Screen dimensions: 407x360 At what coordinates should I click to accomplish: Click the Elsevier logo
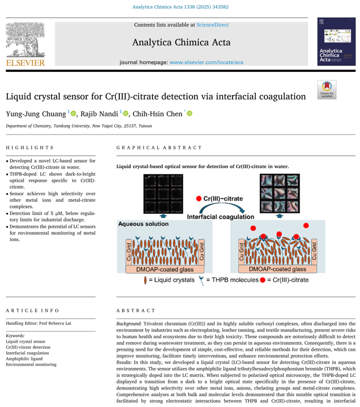click(x=25, y=44)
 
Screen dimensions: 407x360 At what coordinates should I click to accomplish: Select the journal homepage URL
click(x=207, y=62)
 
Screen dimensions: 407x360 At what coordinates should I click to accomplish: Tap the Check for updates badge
click(x=326, y=89)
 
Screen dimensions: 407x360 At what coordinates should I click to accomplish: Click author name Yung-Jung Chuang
click(x=36, y=114)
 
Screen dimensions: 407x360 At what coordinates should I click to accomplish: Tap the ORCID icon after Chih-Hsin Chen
click(x=189, y=114)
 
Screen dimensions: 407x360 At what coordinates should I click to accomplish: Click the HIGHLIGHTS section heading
click(x=30, y=148)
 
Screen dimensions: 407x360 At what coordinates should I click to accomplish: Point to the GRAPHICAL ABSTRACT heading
click(x=159, y=148)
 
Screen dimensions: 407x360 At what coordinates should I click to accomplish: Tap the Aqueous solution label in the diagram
click(x=139, y=224)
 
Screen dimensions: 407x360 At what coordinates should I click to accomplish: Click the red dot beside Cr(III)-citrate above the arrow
click(x=199, y=198)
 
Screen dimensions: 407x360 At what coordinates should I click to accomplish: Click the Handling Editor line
click(x=39, y=323)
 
